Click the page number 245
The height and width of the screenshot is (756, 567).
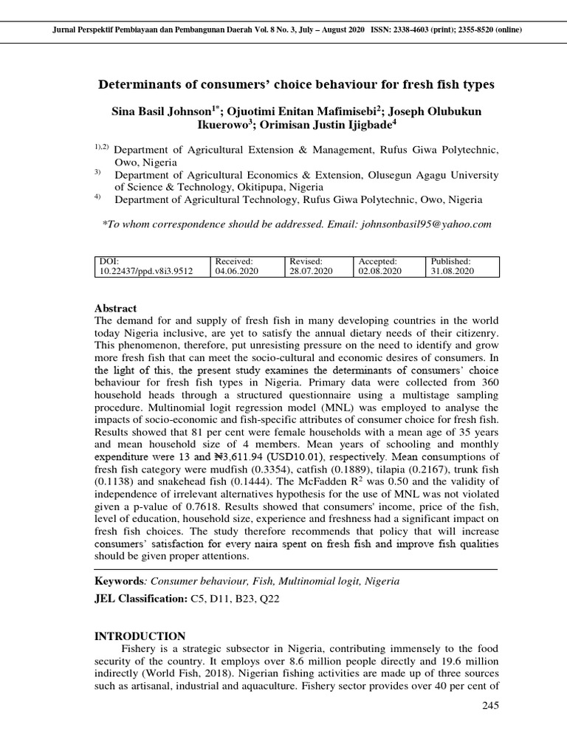(x=489, y=705)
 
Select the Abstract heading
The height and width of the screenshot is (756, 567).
(x=116, y=308)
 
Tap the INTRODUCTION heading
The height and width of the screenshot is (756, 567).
(x=140, y=636)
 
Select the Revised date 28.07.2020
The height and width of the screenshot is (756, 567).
(x=311, y=271)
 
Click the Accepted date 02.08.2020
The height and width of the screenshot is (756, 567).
(x=379, y=271)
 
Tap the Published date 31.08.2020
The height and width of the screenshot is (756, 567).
(x=453, y=271)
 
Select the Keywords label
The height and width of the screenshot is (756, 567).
(x=120, y=581)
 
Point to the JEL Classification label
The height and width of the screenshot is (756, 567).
(x=141, y=599)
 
